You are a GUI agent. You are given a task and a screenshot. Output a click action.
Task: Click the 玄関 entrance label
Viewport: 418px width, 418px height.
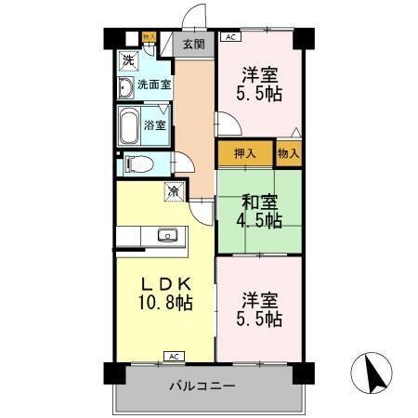tap(193, 44)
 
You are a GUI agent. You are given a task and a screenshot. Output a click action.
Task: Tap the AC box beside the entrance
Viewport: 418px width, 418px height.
tap(229, 38)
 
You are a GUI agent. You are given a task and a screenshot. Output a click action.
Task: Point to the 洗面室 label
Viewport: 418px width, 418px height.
tap(154, 85)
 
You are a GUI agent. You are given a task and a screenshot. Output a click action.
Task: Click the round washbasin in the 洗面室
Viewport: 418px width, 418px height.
tap(126, 89)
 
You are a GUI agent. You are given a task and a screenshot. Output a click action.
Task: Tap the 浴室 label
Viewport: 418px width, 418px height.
tap(155, 124)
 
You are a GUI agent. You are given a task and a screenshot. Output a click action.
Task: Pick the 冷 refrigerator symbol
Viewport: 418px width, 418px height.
tap(173, 191)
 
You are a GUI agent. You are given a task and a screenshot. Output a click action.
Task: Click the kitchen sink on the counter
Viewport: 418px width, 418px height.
tap(167, 235)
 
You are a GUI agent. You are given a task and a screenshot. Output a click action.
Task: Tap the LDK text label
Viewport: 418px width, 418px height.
tap(166, 283)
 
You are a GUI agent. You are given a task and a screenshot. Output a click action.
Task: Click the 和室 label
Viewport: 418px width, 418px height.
tap(259, 202)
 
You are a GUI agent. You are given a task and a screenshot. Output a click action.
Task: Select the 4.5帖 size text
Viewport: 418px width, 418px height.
tap(259, 221)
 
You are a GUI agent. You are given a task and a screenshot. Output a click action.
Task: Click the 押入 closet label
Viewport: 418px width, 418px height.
tap(245, 153)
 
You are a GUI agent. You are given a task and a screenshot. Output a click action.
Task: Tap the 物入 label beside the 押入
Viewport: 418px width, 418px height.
tap(289, 153)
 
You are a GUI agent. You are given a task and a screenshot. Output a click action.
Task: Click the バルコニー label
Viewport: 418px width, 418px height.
tap(202, 385)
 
